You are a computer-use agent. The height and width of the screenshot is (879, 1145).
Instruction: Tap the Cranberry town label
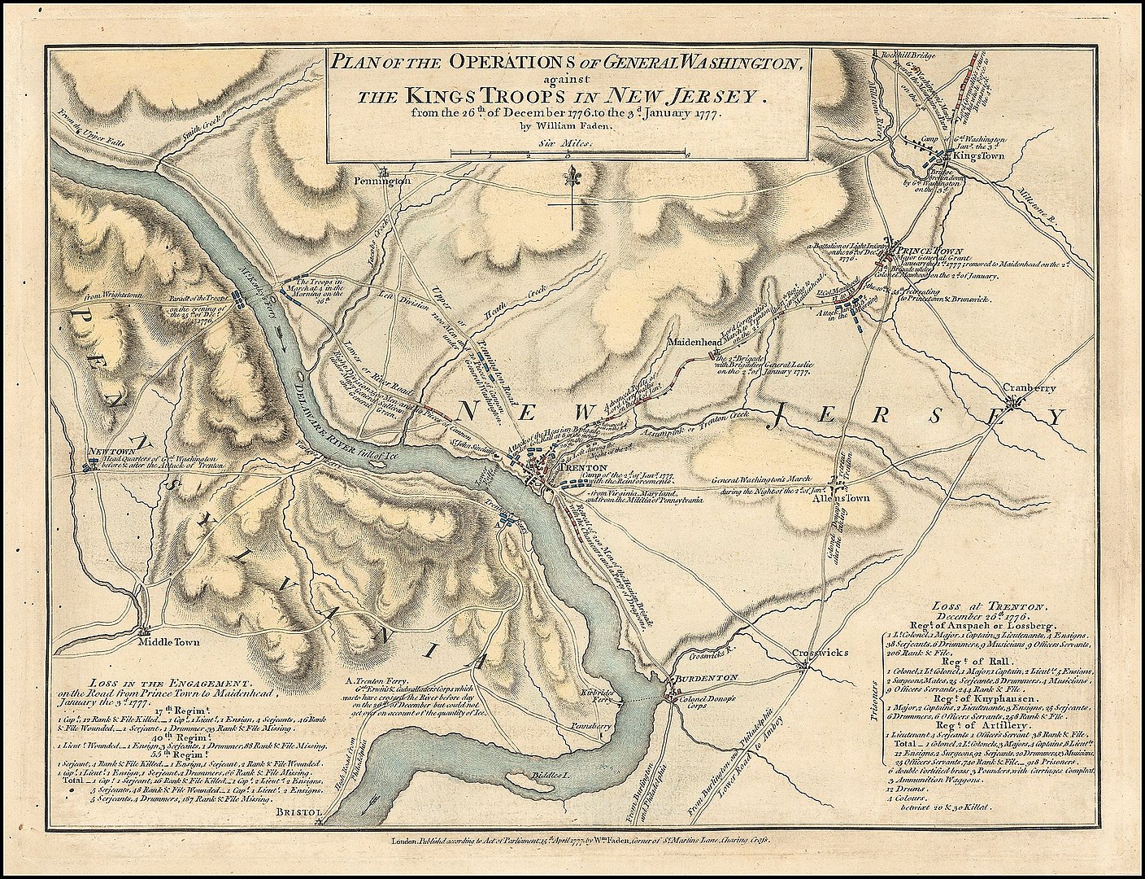click(1029, 389)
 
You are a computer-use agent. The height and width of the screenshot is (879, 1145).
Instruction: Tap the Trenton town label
click(579, 467)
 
